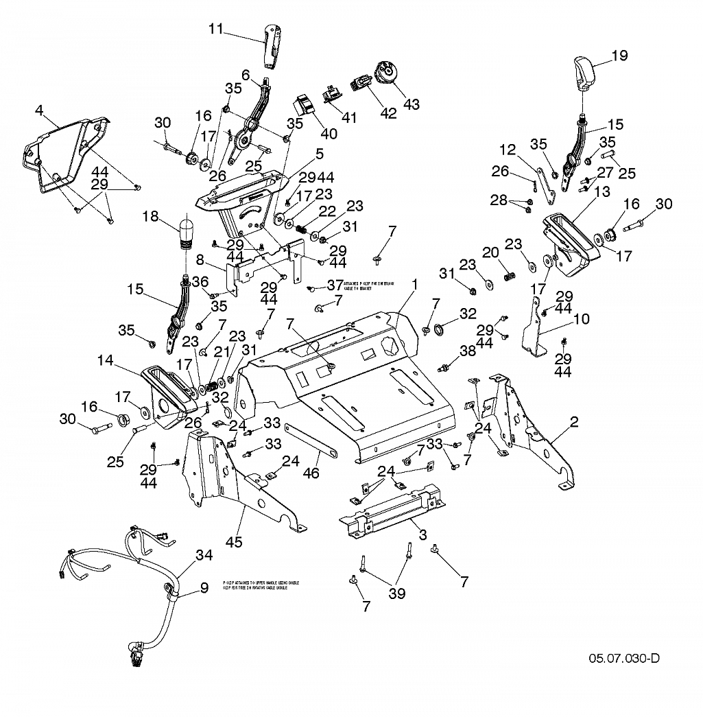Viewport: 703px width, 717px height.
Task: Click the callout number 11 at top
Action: [216, 29]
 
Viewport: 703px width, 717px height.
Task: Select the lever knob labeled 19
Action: [583, 72]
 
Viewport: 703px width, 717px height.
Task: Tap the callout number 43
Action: [412, 104]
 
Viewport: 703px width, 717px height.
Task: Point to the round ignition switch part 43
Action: [385, 72]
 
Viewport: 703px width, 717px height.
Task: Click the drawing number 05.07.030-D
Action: [624, 659]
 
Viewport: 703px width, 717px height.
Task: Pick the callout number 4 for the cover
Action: [40, 110]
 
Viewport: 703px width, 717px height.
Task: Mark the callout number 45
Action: [235, 542]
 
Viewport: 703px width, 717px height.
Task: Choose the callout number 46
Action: [313, 473]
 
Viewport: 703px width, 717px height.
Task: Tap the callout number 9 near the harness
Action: [204, 587]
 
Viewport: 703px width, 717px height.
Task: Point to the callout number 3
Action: [422, 534]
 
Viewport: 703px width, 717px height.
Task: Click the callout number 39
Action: [397, 594]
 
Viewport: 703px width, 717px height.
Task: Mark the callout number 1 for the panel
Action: [415, 283]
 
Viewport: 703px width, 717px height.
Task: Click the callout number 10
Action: [581, 319]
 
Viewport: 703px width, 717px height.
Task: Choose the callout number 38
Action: [467, 351]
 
